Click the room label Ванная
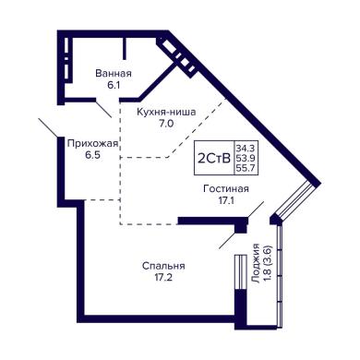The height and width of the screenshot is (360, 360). (114, 74)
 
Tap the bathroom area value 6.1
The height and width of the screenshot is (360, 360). (114, 85)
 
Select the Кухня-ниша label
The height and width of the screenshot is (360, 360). (166, 112)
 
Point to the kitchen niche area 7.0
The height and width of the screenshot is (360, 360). (166, 124)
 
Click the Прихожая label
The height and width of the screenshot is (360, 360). (92, 144)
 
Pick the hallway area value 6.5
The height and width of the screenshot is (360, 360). (93, 155)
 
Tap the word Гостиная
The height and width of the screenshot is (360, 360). (226, 188)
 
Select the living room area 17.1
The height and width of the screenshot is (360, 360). (226, 201)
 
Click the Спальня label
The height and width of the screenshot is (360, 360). (163, 266)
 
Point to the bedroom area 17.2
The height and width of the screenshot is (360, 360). (163, 278)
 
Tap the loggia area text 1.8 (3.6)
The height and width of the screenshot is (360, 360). (267, 263)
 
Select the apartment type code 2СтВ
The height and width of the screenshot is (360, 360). (214, 159)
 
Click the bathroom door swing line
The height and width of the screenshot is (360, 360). (103, 108)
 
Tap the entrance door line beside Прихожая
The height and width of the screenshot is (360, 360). (48, 127)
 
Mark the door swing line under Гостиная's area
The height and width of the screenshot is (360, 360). (256, 210)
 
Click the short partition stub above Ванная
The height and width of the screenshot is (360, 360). (125, 48)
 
